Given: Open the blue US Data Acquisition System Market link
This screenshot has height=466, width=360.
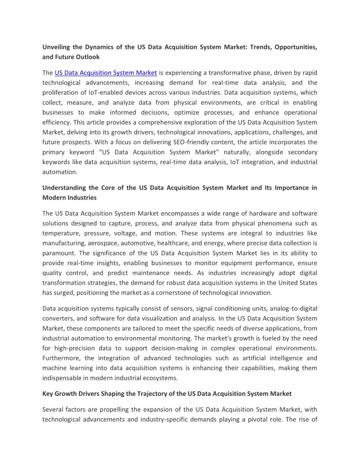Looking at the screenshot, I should pyautogui.click(x=105, y=72).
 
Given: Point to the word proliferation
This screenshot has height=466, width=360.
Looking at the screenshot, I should pyautogui.click(x=62, y=92).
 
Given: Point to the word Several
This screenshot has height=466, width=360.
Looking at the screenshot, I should pyautogui.click(x=53, y=409).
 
